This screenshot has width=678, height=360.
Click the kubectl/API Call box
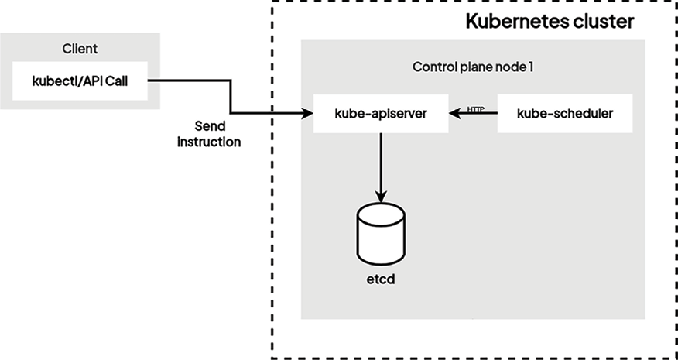point(80,81)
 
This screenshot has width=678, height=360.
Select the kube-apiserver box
point(381,114)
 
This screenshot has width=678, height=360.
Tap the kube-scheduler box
point(565,114)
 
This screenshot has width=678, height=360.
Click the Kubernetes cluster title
point(550,22)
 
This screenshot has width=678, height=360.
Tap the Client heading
point(80,50)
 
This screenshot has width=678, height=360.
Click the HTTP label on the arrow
point(477,108)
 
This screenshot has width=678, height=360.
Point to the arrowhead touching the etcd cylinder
point(381,197)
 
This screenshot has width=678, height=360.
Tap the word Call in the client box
point(134,81)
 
